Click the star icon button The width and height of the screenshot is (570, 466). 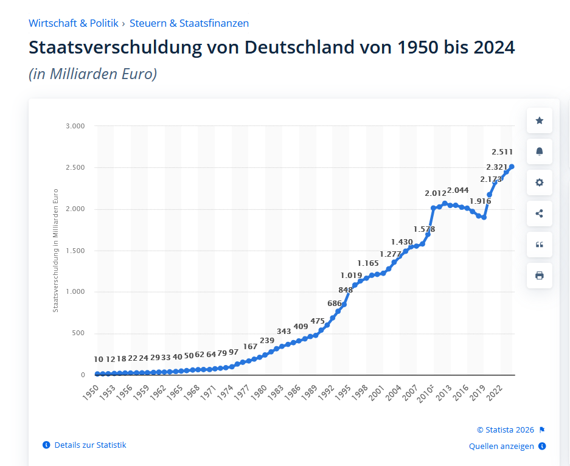coord(539,120)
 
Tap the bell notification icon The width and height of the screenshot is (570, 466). coord(539,151)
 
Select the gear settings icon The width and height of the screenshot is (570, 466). coord(539,183)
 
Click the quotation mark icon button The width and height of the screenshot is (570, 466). coord(539,245)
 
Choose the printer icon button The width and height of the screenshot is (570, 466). coord(539,276)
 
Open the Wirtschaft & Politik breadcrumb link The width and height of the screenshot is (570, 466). coord(73,23)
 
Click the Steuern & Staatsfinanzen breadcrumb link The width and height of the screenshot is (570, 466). coord(189,23)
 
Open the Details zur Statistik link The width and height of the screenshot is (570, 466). coord(90,445)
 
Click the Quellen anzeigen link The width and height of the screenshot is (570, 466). coord(501,446)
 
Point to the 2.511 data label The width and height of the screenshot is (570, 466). coord(503,151)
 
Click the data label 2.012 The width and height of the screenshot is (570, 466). coord(436,193)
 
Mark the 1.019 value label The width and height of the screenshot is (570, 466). coord(351,275)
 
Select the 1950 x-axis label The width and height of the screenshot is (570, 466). coord(89,391)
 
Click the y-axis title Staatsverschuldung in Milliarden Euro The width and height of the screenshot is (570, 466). coord(55,250)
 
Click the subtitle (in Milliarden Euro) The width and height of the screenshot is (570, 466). coord(92,74)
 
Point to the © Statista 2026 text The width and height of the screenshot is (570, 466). coord(506,429)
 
